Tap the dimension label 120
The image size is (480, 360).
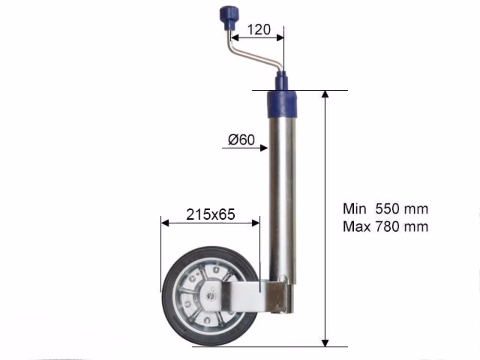coord(259,30)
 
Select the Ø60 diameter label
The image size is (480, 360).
coord(241,140)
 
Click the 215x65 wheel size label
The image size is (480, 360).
coord(211,214)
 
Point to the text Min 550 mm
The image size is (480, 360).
coord(385,209)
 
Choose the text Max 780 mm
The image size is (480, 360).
coord(385,227)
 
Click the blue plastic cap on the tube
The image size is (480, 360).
coord(282,104)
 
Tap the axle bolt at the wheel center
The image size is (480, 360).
coord(211,296)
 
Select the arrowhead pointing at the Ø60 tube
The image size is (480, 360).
coord(264,148)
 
